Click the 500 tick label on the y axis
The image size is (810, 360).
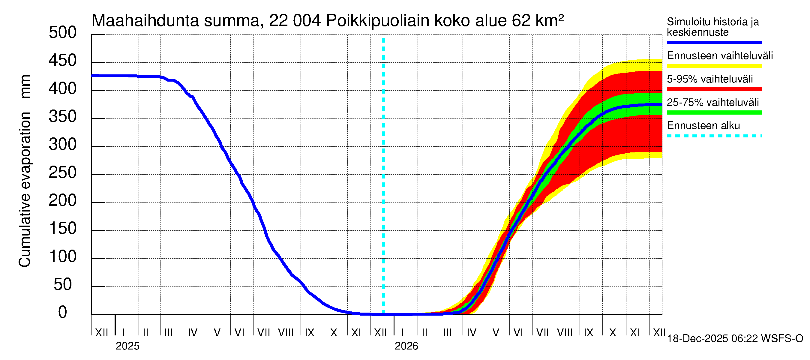pos(63,33)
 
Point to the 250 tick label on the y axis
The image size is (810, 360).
pos(63,173)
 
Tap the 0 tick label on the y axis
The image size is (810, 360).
pos(63,313)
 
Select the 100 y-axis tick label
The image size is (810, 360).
pos(63,257)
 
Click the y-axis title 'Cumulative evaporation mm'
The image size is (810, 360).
pos(25,171)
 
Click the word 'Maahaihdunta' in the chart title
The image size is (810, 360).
pos(145,21)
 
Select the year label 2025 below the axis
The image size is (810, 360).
pos(127,346)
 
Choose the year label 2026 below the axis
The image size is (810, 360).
pos(406,346)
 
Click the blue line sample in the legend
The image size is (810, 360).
pos(714,42)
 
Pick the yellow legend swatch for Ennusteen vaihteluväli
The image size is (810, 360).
pos(714,66)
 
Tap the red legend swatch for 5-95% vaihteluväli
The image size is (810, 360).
pos(714,89)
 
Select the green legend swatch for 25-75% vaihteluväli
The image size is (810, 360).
pos(714,112)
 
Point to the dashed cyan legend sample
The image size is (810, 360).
pos(714,136)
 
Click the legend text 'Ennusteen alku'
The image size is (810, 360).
pos(703,126)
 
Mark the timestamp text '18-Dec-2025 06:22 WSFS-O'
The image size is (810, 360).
pos(735,339)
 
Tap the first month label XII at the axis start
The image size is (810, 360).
pos(101,333)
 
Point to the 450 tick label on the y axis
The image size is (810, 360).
pos(63,61)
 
